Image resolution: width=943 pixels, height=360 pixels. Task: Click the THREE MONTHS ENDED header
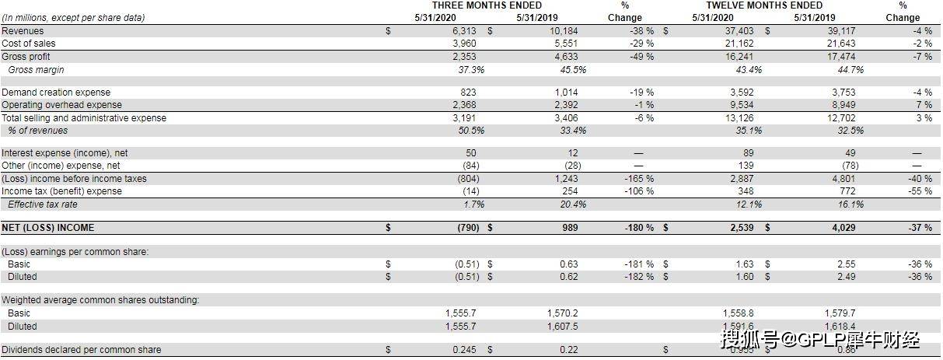click(487, 5)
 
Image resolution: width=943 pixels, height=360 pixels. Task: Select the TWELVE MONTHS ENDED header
click(764, 5)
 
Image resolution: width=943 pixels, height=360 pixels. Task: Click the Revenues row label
click(23, 31)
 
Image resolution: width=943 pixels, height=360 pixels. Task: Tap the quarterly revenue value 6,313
click(464, 31)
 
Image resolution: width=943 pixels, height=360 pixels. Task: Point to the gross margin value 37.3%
click(471, 70)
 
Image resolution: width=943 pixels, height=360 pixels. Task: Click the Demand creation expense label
click(56, 93)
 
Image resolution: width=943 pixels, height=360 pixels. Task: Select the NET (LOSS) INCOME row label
click(48, 228)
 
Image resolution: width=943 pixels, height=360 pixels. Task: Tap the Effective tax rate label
click(43, 204)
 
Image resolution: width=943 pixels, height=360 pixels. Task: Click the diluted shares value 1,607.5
click(562, 327)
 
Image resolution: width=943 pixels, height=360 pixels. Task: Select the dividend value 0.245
click(465, 350)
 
